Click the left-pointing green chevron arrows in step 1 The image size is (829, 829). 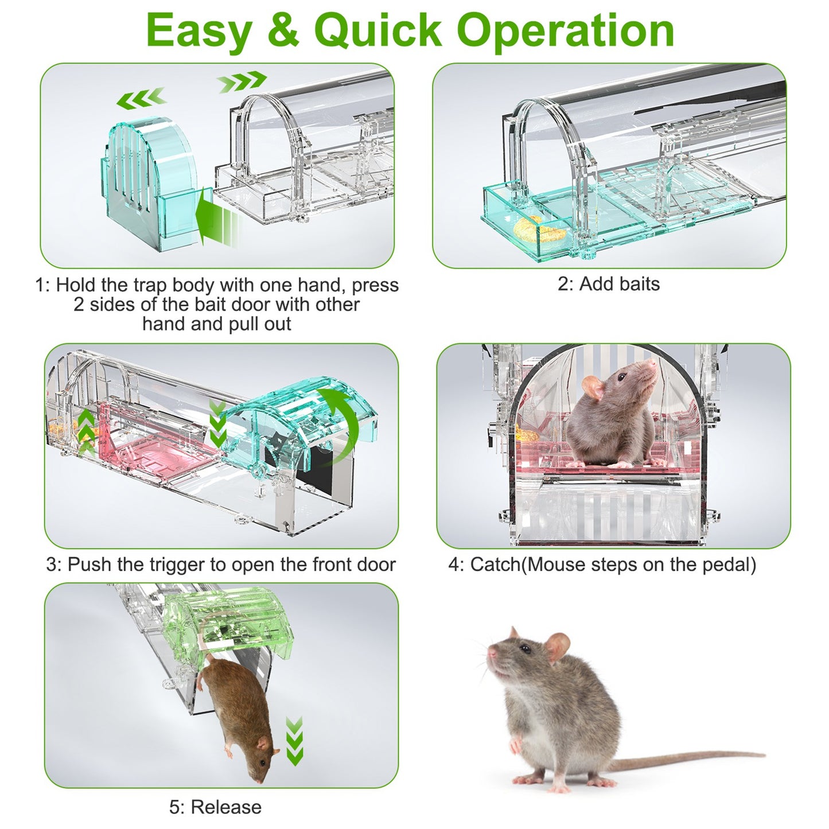(141, 99)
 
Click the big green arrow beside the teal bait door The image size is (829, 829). (215, 219)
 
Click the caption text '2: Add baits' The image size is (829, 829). (609, 284)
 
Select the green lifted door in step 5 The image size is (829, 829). (229, 622)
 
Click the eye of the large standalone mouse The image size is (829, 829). (524, 649)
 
